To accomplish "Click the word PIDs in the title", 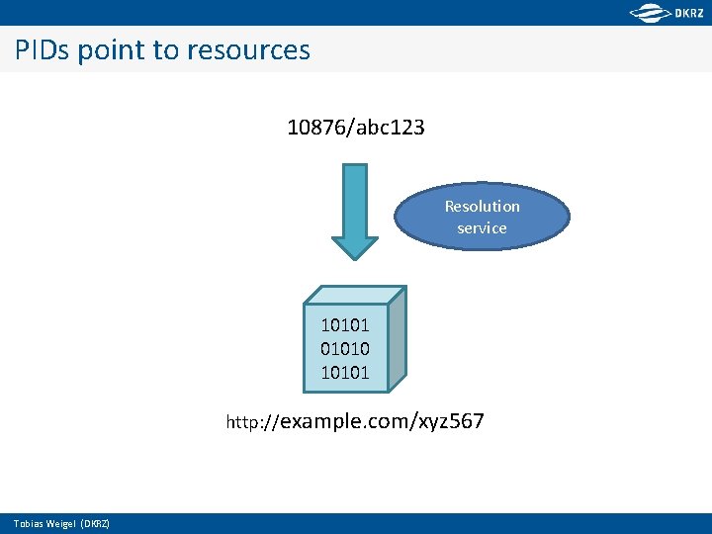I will (x=43, y=49).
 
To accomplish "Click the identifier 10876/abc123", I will (x=355, y=128).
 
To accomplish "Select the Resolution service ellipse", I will (x=483, y=217).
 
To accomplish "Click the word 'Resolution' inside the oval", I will (x=483, y=206).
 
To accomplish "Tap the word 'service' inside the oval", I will (x=483, y=228).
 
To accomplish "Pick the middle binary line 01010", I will (x=344, y=348).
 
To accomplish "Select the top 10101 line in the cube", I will (x=344, y=324).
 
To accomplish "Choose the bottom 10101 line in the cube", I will (x=344, y=373).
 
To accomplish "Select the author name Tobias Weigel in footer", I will (x=44, y=523).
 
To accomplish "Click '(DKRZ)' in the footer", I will (x=95, y=523).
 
